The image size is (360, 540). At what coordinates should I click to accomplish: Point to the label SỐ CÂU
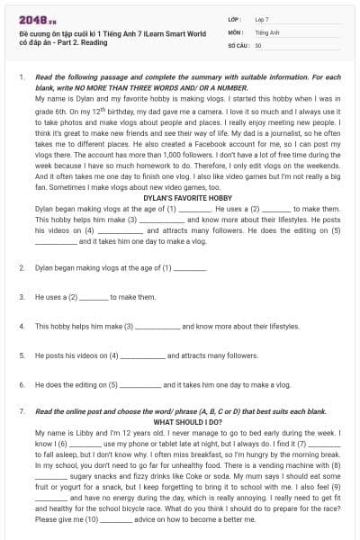238,44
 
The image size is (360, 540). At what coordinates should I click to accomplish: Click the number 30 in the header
258,44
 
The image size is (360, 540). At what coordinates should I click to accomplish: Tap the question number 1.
21,78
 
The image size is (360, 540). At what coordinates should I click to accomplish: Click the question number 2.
21,268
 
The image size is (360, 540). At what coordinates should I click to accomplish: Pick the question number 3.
21,296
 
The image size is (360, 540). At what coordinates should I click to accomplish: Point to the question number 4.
21,325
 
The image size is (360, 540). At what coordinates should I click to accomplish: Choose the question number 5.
21,355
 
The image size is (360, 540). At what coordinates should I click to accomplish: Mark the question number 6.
21,383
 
